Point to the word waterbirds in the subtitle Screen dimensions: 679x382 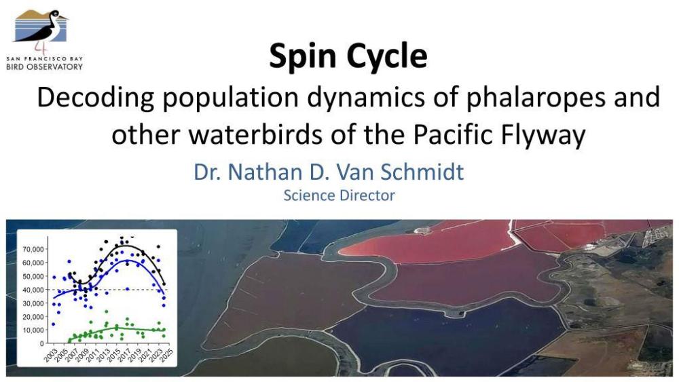(x=255, y=134)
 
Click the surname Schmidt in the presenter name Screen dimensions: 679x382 (x=422, y=172)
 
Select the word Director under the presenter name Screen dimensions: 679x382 (x=367, y=195)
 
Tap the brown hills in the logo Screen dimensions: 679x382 (x=31, y=15)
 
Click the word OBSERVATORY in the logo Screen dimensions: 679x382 (x=57, y=67)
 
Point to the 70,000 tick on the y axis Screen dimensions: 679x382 (x=33, y=249)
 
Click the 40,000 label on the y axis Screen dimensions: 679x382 (x=33, y=290)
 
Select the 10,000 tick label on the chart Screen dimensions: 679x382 (x=33, y=330)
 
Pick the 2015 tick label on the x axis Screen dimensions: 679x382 (x=113, y=355)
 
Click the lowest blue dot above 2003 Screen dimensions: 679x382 (x=53, y=324)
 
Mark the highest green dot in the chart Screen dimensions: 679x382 (x=106, y=311)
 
